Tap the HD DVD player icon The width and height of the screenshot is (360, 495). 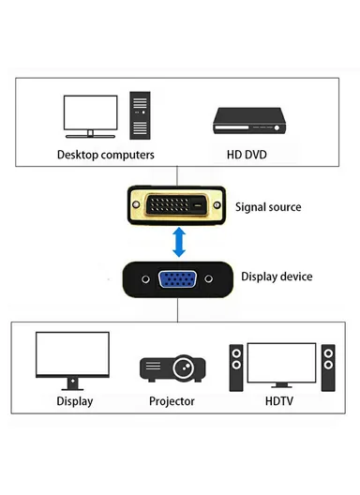[x=247, y=119]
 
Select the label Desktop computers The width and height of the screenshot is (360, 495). [x=106, y=154]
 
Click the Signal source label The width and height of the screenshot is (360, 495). [x=268, y=206]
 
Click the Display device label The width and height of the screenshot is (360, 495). [x=277, y=277]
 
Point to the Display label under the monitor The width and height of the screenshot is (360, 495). [x=74, y=401]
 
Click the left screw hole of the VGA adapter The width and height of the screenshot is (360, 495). [x=144, y=278]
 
